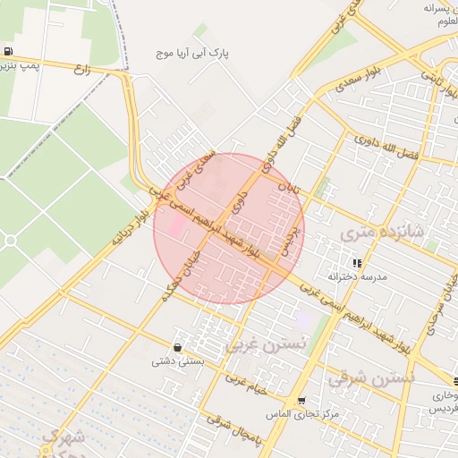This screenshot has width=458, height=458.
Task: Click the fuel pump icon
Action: click(8, 51)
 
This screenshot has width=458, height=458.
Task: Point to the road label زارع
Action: click(83, 69)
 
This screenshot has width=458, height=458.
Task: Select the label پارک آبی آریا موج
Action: click(191, 55)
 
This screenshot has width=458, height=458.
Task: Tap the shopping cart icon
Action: click(301, 401)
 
